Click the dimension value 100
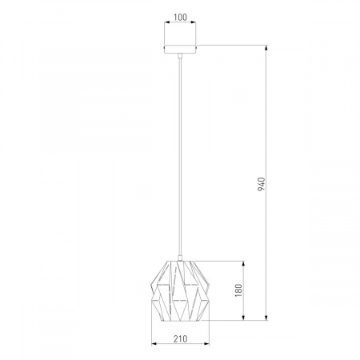click(x=180, y=17)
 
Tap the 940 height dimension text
click(x=262, y=184)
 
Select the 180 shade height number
click(x=238, y=290)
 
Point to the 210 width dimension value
click(x=181, y=338)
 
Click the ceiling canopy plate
click(x=180, y=50)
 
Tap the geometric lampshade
click(x=180, y=290)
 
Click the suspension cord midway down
click(x=181, y=157)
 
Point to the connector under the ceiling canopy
click(x=180, y=56)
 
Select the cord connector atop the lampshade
click(x=180, y=258)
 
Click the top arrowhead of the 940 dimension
click(x=266, y=48)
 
